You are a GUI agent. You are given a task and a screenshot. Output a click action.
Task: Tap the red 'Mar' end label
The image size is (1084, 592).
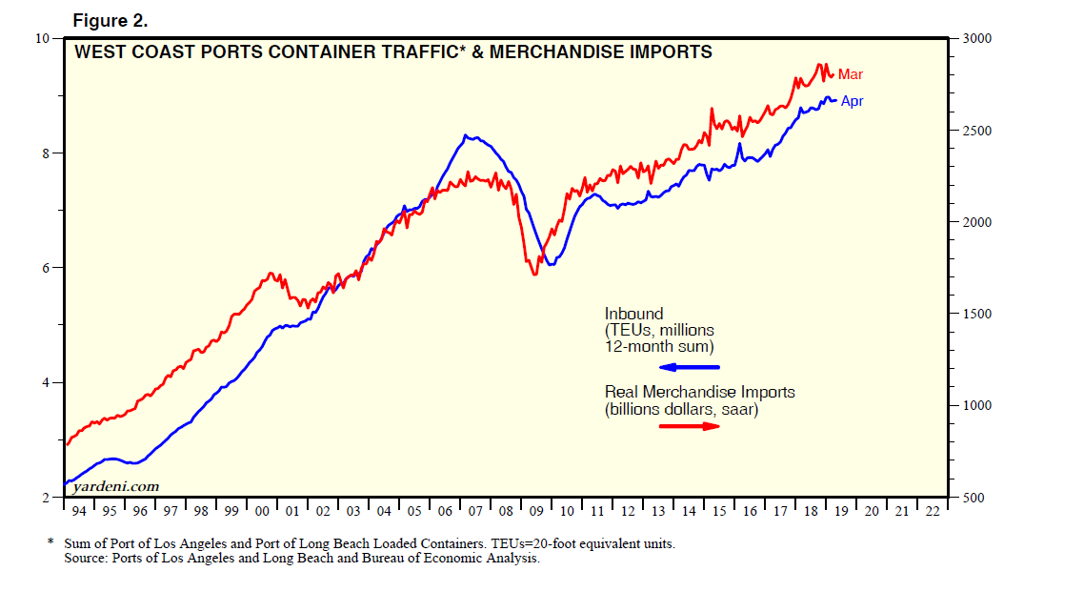pos(851,74)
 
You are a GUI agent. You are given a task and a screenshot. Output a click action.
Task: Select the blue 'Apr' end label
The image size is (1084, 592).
pos(853,101)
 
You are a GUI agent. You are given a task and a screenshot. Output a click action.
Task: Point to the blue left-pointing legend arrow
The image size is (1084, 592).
pos(692,367)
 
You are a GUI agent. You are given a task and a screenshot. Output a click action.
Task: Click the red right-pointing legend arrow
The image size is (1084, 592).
pos(691,426)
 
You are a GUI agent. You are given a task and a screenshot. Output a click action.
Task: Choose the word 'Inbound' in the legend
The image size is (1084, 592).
pos(633,314)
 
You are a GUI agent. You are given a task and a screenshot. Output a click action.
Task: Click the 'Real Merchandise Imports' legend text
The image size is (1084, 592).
pos(699,392)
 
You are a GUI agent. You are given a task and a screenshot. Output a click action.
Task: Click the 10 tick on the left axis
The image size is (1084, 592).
pos(42,38)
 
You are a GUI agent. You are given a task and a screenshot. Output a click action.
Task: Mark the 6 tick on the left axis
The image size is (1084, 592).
pos(45,268)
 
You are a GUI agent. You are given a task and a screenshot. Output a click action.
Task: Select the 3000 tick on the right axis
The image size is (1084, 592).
pos(977,38)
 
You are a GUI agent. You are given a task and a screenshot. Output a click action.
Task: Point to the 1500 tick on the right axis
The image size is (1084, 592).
pos(977,314)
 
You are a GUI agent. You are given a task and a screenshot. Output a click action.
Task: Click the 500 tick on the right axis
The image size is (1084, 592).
pos(974,498)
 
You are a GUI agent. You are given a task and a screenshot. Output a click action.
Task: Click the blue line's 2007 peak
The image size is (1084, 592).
pos(466,135)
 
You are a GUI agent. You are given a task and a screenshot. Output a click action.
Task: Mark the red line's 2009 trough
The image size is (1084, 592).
pos(534,275)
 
